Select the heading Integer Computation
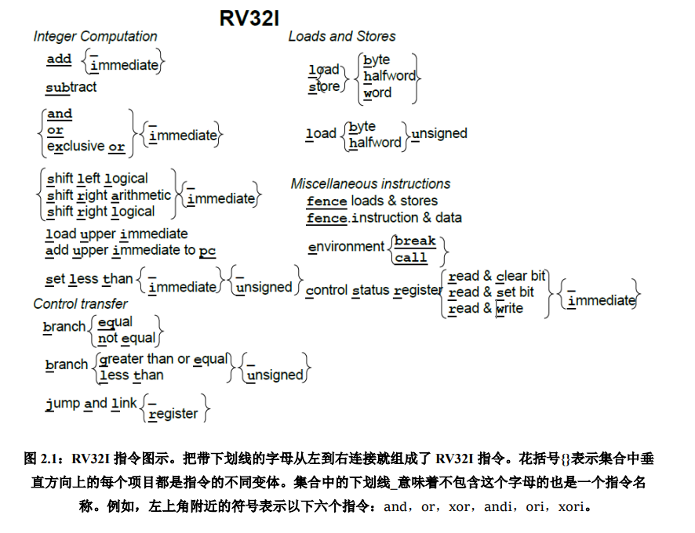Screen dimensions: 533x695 point(95,36)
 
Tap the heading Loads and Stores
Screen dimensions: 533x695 point(342,36)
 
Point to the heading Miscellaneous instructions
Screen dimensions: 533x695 point(370,183)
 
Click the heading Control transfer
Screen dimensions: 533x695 point(80,303)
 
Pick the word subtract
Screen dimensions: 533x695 point(71,87)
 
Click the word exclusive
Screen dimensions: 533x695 point(75,147)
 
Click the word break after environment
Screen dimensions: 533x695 point(415,241)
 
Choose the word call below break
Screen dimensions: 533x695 point(411,257)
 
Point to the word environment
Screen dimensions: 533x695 point(346,246)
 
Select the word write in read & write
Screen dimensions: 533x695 point(509,308)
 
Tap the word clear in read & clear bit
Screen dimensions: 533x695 point(511,276)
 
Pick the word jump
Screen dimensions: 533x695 point(63,403)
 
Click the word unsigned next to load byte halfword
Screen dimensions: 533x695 point(438,133)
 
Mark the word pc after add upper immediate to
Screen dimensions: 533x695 point(207,251)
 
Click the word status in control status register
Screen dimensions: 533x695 point(370,290)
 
